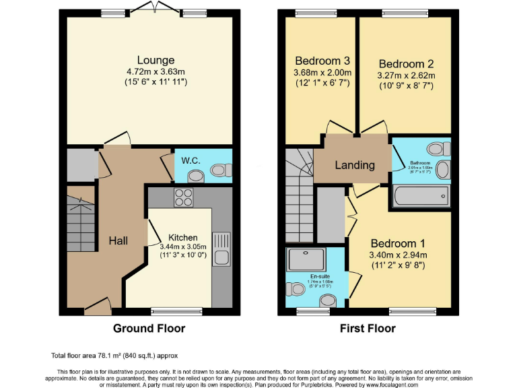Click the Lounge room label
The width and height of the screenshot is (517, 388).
(x=156, y=60)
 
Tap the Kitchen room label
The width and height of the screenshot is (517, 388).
(x=182, y=237)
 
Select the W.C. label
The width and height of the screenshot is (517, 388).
(x=185, y=161)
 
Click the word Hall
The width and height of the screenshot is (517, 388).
(x=118, y=240)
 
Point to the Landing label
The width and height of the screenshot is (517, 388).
(x=355, y=165)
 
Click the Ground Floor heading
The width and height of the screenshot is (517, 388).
(x=149, y=329)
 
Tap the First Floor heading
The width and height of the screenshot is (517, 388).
(x=368, y=329)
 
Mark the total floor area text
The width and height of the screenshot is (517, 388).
(x=114, y=355)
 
